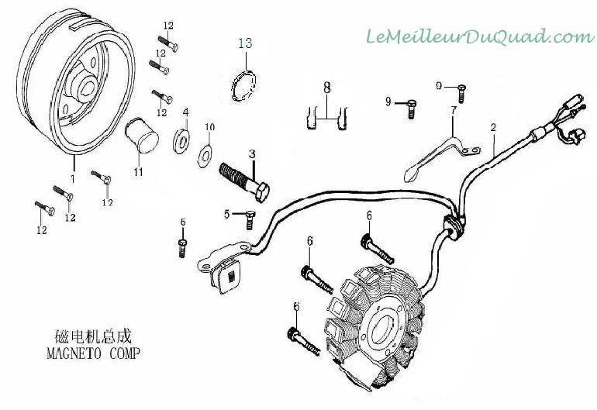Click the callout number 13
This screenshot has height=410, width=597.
pyautogui.click(x=246, y=43)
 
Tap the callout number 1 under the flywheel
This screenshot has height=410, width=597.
pyautogui.click(x=72, y=177)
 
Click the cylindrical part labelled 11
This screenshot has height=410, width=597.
pyautogui.click(x=142, y=135)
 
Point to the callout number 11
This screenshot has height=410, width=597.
pyautogui.click(x=138, y=171)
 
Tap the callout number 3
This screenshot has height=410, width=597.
pyautogui.click(x=251, y=154)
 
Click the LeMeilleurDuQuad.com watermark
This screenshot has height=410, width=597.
pyautogui.click(x=478, y=36)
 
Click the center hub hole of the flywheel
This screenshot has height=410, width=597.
pyautogui.click(x=83, y=81)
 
